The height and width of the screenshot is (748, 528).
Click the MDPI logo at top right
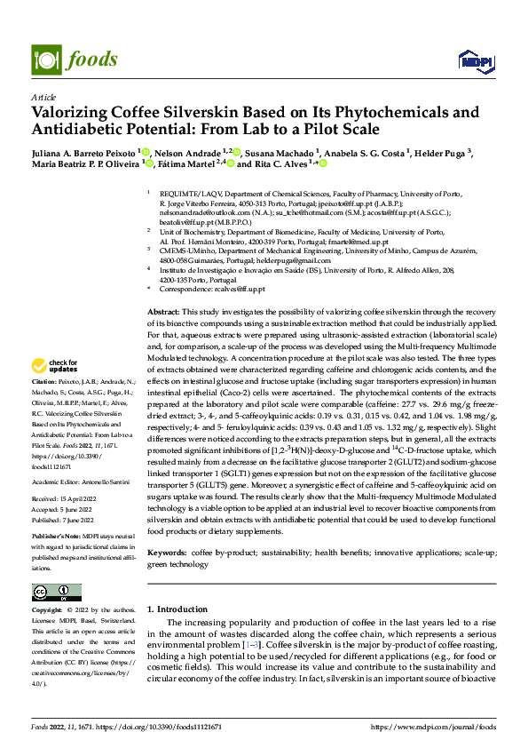[x=472, y=60]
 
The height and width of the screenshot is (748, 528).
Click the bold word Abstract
[x=162, y=314]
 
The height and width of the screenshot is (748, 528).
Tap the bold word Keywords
[x=167, y=553]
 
